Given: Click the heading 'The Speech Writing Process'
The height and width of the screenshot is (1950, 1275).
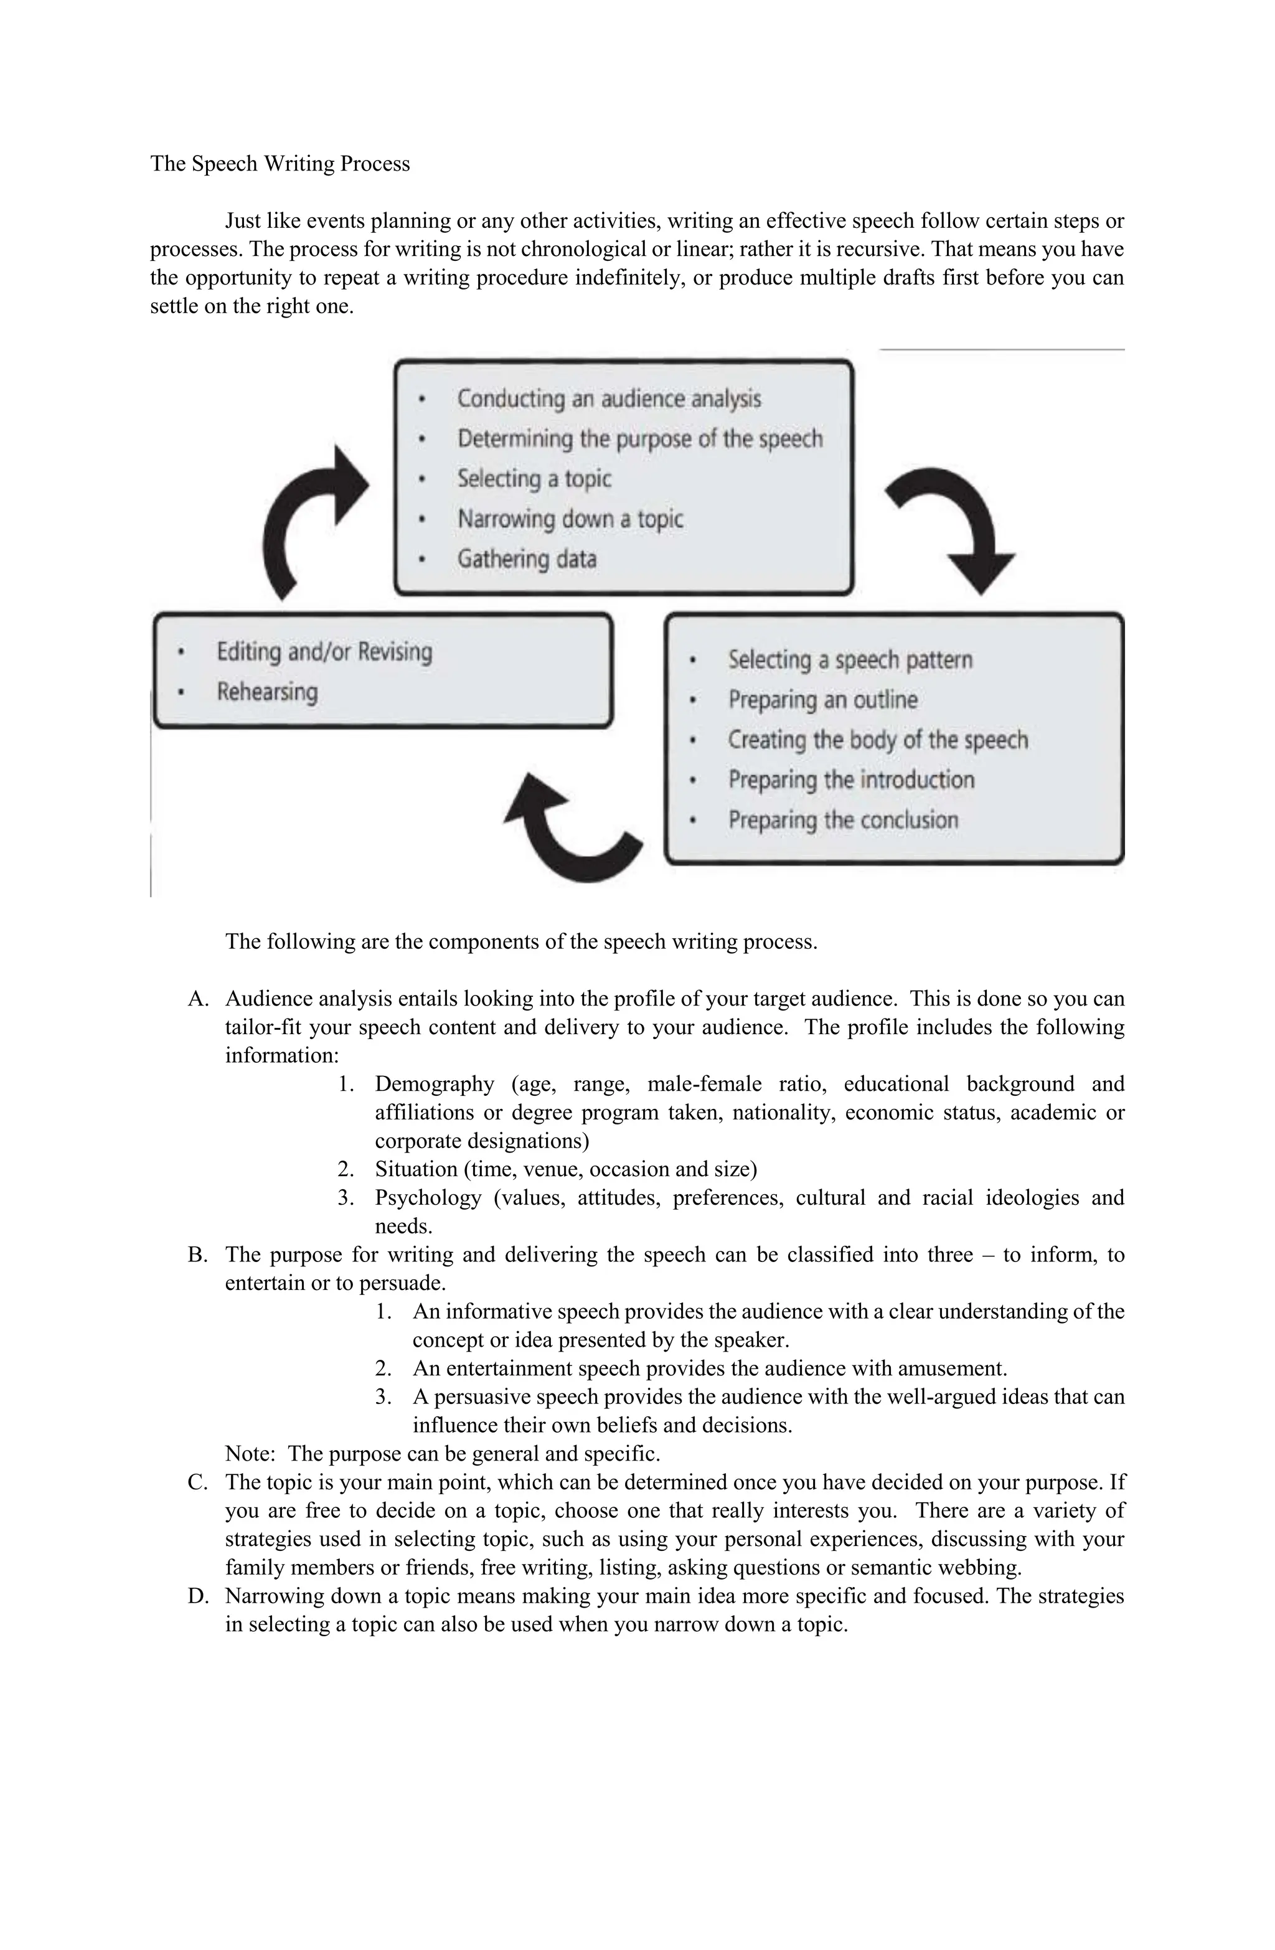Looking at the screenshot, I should point(280,164).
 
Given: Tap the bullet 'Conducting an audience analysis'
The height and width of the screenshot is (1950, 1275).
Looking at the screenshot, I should point(609,399).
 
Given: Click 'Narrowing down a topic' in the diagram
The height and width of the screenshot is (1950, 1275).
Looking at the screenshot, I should point(570,519).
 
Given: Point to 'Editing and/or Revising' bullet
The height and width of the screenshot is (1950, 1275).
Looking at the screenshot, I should point(324,652).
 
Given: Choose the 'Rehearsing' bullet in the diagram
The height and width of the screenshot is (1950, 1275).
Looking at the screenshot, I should point(267,692).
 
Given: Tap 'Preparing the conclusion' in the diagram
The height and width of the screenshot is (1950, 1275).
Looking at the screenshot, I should point(843,819).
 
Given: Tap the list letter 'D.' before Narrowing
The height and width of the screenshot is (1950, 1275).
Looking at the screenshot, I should point(197,1596).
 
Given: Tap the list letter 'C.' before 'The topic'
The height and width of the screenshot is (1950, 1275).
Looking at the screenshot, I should point(197,1482).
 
